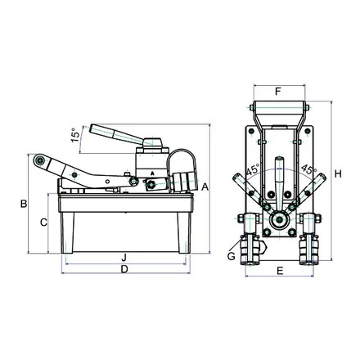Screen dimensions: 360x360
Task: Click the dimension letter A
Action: [x=205, y=187]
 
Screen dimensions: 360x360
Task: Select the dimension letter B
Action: [x=24, y=204]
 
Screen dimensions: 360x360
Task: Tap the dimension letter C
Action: [x=43, y=223]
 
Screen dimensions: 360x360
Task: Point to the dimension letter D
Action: [x=124, y=269]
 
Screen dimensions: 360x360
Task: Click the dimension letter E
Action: [x=280, y=271]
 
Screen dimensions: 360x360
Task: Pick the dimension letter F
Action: [x=278, y=92]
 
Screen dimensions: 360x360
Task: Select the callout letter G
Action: [x=232, y=256]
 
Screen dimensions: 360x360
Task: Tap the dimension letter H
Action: [x=338, y=173]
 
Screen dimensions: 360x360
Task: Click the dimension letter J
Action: [x=124, y=257]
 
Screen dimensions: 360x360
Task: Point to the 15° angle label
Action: [x=75, y=135]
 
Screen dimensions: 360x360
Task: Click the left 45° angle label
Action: [x=253, y=170]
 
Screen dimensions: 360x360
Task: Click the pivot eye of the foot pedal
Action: [x=40, y=160]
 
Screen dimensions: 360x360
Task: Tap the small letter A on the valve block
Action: [x=152, y=173]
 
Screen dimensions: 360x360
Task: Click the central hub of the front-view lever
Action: [x=279, y=218]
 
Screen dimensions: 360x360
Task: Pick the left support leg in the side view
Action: [x=67, y=232]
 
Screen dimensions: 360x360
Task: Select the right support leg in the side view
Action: [x=184, y=232]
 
